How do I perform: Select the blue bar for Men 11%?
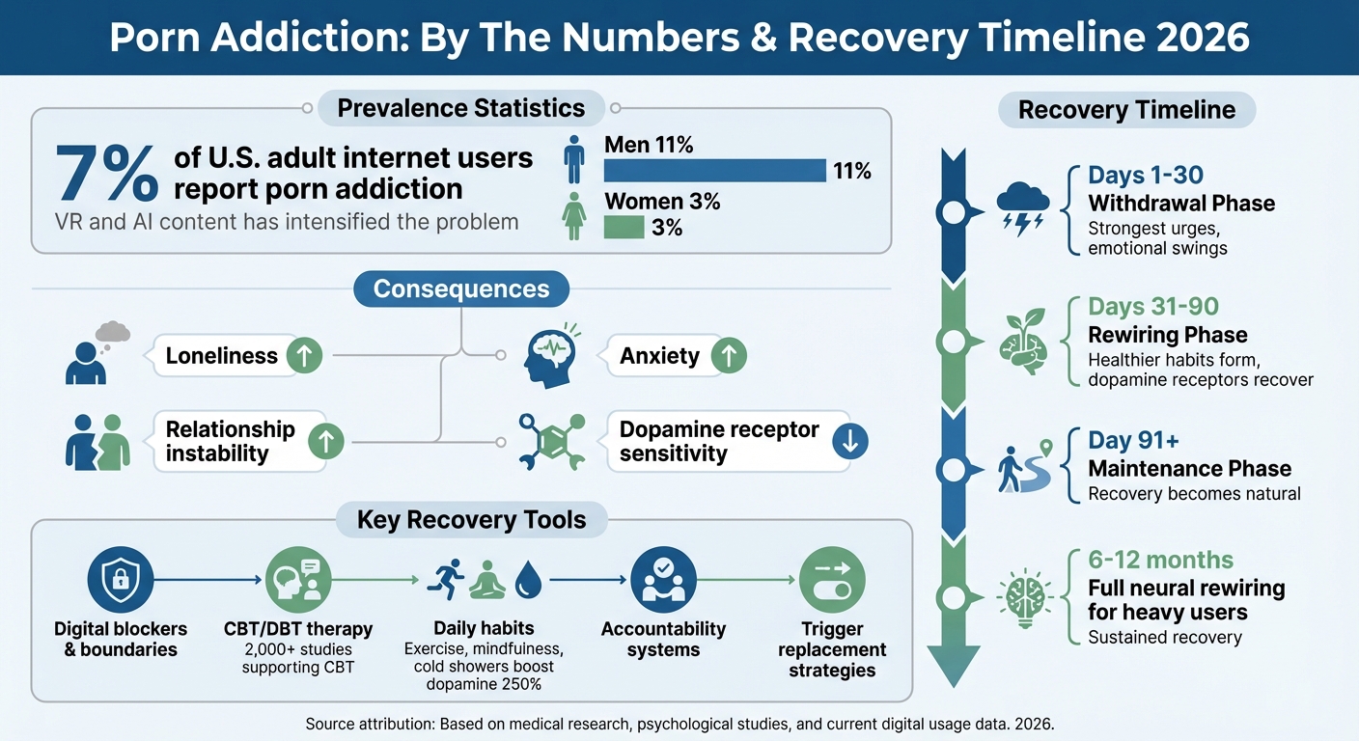click(714, 171)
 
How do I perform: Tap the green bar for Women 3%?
click(624, 228)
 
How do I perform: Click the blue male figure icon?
click(574, 159)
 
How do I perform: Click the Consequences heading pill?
click(460, 288)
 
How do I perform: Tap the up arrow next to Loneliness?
click(305, 356)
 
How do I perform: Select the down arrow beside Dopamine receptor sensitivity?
click(849, 441)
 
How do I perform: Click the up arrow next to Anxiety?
click(729, 356)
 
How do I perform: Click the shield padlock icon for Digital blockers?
click(120, 580)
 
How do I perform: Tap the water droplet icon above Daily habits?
click(528, 580)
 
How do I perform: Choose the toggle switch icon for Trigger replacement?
click(831, 580)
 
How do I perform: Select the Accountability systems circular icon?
click(662, 580)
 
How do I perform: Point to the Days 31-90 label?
click(1153, 307)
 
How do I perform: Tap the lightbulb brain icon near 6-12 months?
click(1022, 594)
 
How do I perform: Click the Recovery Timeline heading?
click(1126, 110)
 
